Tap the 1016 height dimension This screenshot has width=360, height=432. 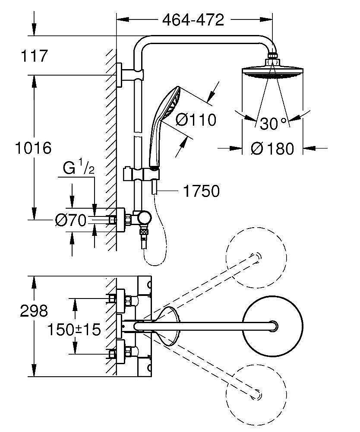click(x=33, y=148)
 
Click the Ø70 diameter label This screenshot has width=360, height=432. click(x=70, y=220)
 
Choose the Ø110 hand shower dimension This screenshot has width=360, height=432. click(x=196, y=119)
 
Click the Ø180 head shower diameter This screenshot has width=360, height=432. click(x=272, y=148)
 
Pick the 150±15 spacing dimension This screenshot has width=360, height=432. click(x=74, y=330)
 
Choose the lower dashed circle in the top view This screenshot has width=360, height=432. click(x=255, y=391)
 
